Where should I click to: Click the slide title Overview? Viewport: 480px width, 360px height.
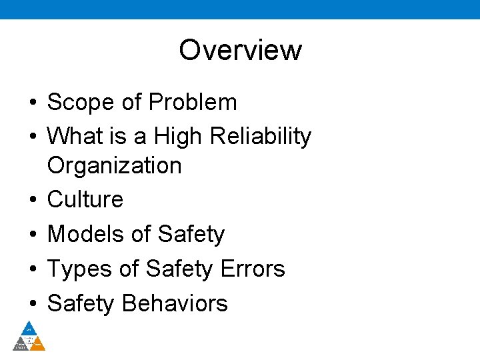point(240,50)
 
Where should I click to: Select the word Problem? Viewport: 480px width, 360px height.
point(193,102)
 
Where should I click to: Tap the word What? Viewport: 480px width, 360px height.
point(75,136)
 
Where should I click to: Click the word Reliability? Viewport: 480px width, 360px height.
point(260,136)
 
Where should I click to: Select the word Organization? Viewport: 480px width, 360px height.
point(115,165)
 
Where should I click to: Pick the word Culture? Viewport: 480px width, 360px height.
point(85,199)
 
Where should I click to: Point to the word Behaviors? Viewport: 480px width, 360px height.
point(175,303)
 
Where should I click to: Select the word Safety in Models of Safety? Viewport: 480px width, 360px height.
point(191,234)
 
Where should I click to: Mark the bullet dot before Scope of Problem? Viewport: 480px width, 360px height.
point(32,103)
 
